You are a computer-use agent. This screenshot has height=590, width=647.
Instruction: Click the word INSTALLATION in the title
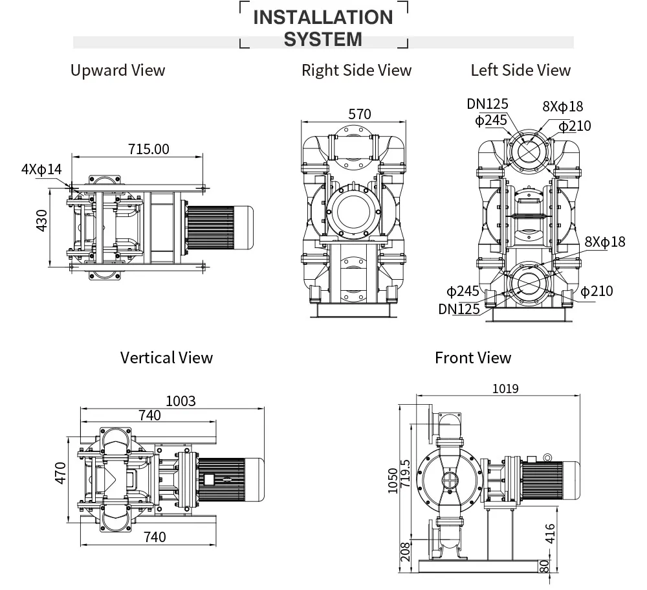323,17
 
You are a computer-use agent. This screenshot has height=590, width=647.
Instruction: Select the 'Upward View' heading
118,70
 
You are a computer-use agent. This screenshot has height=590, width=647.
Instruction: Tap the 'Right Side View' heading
356,70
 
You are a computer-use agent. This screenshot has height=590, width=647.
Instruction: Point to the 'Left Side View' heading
520,70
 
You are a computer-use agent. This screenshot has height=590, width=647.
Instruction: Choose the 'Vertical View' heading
166,357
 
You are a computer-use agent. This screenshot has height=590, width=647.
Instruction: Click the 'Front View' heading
472,357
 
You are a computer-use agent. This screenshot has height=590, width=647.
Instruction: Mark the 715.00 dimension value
148,149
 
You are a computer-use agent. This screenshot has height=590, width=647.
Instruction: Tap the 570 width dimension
360,114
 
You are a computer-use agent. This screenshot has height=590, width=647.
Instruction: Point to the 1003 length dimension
181,401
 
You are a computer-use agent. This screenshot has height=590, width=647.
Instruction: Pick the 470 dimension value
60,473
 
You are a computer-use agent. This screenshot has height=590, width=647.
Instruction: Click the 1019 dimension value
505,389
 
